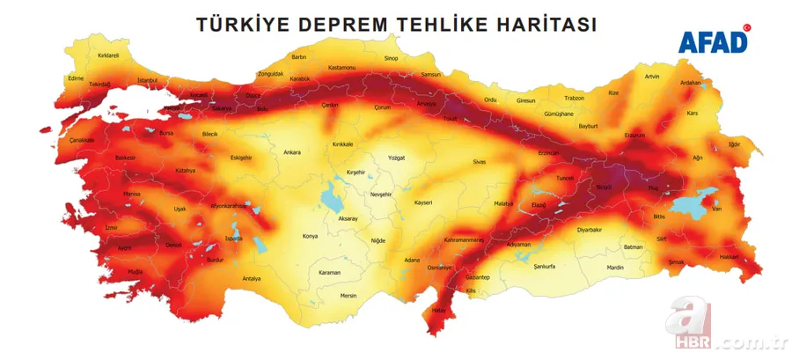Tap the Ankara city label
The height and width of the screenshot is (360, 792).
(291, 152)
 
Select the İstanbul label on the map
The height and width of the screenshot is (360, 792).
(147, 80)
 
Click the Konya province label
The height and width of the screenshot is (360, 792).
(310, 236)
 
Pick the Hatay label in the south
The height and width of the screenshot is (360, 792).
(438, 310)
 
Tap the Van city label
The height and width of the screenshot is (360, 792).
(717, 209)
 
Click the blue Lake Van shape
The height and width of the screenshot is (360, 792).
(691, 205)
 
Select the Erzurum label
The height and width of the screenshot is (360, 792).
(634, 136)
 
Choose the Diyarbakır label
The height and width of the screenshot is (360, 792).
(589, 229)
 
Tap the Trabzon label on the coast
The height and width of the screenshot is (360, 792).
(574, 98)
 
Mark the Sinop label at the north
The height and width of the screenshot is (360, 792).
(391, 58)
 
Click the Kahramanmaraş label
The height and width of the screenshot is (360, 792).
(465, 239)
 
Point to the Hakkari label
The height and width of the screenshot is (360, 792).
(730, 257)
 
